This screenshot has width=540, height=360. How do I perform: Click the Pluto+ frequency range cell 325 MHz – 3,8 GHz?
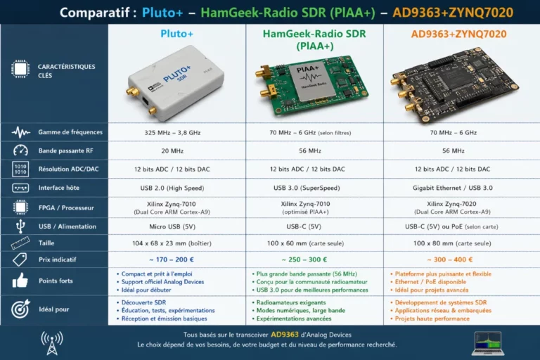[x=172, y=133]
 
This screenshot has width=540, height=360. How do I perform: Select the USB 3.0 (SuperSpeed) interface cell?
[x=307, y=188]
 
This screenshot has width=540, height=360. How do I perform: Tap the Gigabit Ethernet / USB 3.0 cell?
[x=453, y=188]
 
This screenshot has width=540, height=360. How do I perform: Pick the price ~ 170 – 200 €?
[x=172, y=259]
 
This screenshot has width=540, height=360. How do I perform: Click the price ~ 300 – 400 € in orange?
[x=450, y=259]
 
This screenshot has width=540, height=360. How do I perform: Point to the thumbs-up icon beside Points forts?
[x=20, y=281]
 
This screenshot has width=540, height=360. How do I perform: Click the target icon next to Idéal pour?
[x=20, y=309]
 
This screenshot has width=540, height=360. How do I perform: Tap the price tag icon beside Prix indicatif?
[x=20, y=259]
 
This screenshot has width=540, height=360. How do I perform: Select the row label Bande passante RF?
[x=66, y=150]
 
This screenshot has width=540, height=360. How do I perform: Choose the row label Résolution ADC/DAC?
[x=68, y=169]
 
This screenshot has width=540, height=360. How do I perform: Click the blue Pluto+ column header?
[x=176, y=34]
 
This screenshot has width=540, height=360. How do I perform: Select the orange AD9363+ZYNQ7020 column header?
[x=458, y=34]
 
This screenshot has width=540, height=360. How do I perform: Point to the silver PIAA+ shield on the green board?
[x=311, y=82]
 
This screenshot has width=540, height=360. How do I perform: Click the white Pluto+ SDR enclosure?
[x=176, y=83]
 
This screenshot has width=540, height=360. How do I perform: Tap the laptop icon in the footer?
[x=488, y=343]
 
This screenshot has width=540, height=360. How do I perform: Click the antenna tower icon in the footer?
[x=52, y=343]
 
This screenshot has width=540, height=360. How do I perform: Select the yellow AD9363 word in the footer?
[x=285, y=335]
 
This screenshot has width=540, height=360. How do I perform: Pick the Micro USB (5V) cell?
[x=172, y=226]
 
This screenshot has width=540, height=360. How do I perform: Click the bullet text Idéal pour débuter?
[x=146, y=290]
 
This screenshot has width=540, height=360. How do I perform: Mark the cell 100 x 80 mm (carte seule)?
[x=452, y=243]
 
